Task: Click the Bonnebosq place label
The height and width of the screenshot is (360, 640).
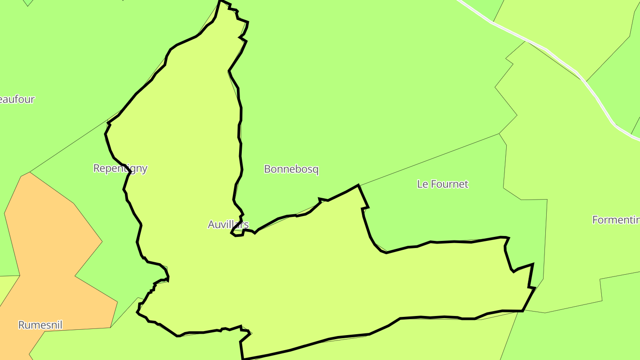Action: (x=291, y=169)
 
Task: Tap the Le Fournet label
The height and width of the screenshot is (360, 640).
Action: (x=443, y=184)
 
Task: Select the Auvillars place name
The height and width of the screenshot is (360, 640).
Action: (x=228, y=224)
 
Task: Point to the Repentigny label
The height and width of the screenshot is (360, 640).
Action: (x=120, y=168)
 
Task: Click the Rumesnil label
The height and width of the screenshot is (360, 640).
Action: (x=40, y=325)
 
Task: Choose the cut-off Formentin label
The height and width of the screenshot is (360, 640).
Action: (x=616, y=220)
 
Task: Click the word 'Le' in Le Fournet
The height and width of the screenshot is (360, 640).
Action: (x=422, y=184)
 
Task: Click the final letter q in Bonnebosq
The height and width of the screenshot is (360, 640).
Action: (x=316, y=170)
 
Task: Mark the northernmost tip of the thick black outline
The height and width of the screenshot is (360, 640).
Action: (x=220, y=1)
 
